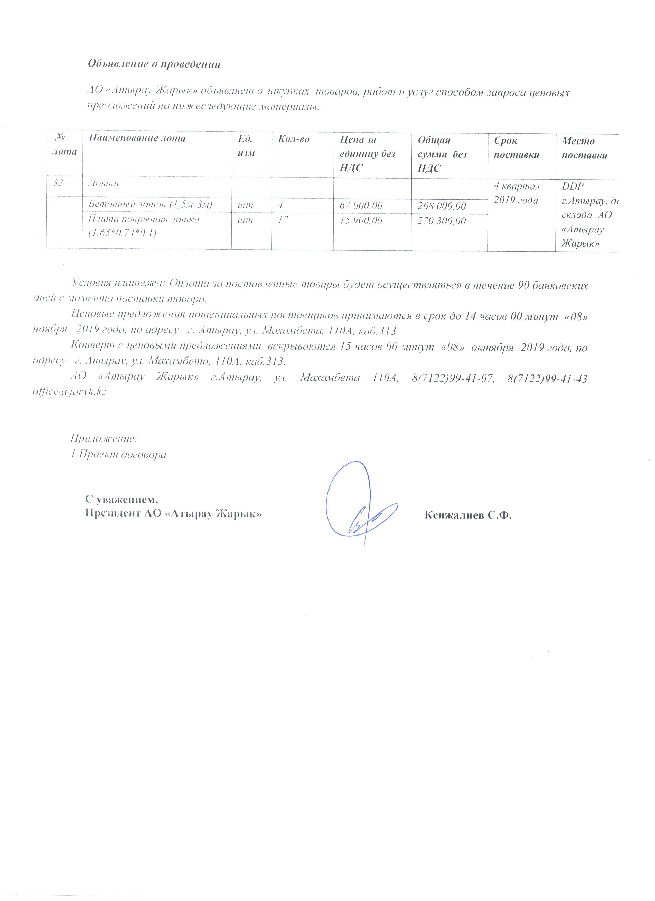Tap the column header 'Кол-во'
(x=294, y=139)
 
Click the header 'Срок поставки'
(x=516, y=148)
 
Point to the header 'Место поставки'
(x=584, y=148)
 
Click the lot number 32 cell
(x=58, y=183)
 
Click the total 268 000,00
(x=442, y=206)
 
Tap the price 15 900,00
(x=361, y=220)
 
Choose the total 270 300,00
(x=442, y=221)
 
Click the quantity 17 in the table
(x=283, y=220)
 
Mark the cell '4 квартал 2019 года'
(x=516, y=193)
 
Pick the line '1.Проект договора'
(x=118, y=454)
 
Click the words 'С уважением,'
(x=122, y=499)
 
